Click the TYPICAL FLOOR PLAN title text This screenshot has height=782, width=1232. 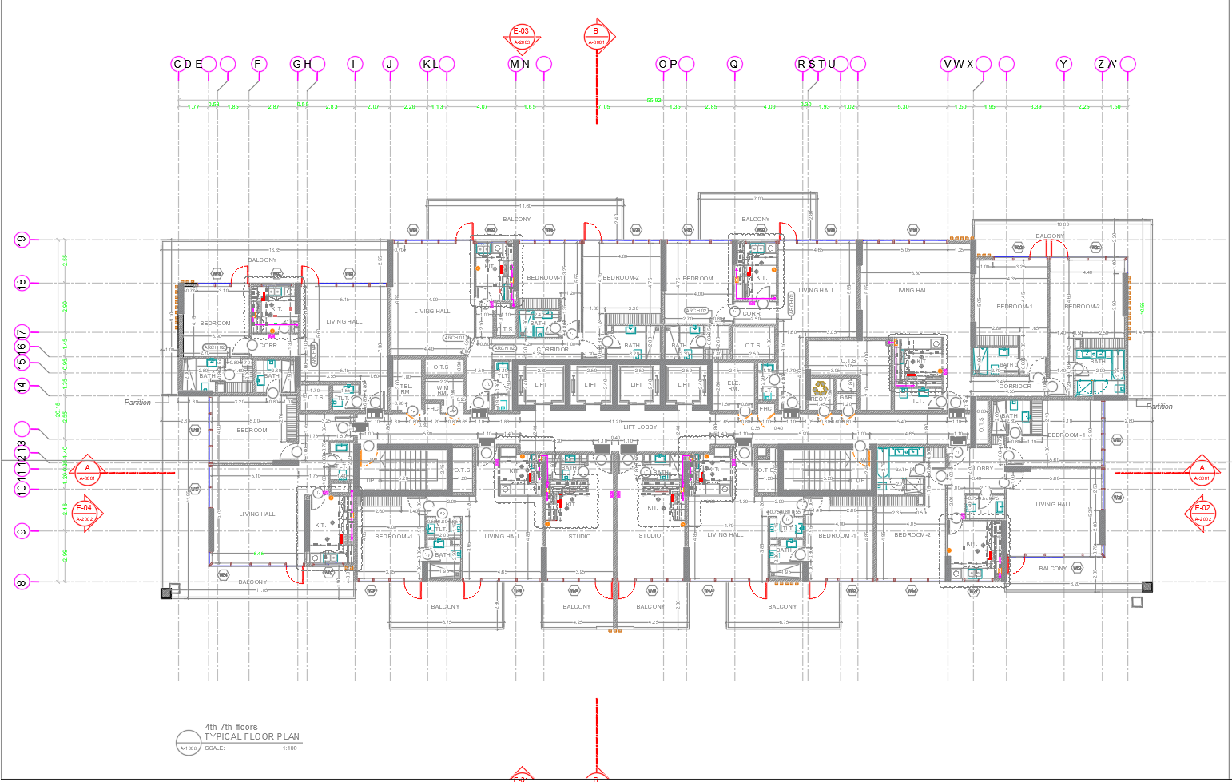coord(252,736)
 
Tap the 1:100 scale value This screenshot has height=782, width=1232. coord(289,748)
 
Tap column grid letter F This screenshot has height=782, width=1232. coord(257,64)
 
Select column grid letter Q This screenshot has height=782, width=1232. coord(734,64)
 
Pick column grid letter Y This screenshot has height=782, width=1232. coord(1063,64)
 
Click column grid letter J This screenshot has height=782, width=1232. coord(390,64)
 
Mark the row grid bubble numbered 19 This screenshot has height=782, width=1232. coord(22,240)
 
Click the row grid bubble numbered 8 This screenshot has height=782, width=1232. coord(22,582)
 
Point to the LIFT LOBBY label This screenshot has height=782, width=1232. coord(640,427)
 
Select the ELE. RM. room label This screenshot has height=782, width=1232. coord(733,386)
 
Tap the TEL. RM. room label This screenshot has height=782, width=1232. coord(406,389)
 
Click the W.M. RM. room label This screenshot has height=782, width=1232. coord(443,390)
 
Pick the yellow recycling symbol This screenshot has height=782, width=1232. coord(821,389)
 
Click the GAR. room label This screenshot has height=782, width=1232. coord(846,397)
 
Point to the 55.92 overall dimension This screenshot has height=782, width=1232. coord(654,101)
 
